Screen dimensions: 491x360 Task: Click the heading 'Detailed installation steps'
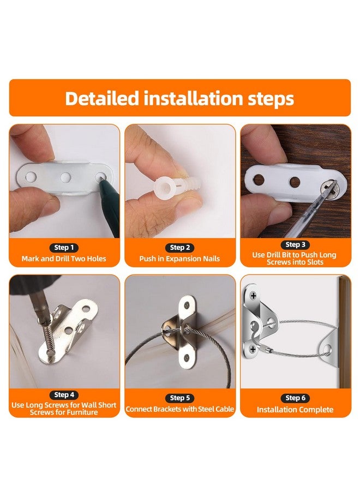pyautogui.click(x=179, y=98)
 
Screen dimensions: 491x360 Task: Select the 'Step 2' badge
pyautogui.click(x=180, y=247)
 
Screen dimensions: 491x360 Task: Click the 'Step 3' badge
pyautogui.click(x=295, y=245)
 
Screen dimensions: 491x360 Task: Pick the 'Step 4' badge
pyautogui.click(x=65, y=394)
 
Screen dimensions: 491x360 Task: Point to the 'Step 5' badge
pyautogui.click(x=180, y=398)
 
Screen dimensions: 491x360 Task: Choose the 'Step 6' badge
pyautogui.click(x=295, y=398)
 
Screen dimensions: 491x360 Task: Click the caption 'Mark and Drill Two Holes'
pyautogui.click(x=64, y=259)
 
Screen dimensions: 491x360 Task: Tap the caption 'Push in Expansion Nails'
pyautogui.click(x=180, y=259)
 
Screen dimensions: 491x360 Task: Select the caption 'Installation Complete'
pyautogui.click(x=295, y=410)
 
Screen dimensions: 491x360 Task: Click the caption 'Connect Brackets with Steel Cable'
pyautogui.click(x=180, y=409)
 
